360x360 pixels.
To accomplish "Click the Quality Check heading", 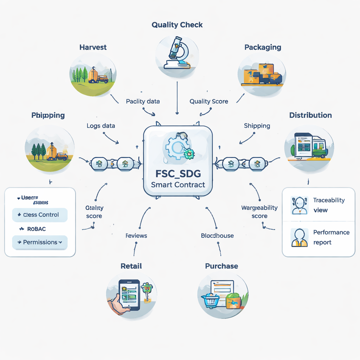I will click(x=177, y=25).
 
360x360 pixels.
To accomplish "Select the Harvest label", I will click(x=93, y=47).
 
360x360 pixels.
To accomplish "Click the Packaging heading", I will click(x=263, y=47).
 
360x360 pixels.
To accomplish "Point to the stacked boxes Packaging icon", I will click(x=262, y=74).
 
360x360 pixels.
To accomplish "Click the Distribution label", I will click(x=310, y=115).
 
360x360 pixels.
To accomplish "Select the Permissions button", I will click(x=40, y=242).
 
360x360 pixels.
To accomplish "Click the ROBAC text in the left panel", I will click(x=36, y=229).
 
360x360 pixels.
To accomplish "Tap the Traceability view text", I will click(x=329, y=205).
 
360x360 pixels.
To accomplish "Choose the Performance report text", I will click(x=331, y=237).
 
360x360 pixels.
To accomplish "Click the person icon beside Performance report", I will click(x=300, y=238).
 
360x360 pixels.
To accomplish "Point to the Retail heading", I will click(x=131, y=266).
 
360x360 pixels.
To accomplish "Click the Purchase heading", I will click(x=221, y=266).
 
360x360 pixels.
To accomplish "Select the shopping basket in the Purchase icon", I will click(x=210, y=301).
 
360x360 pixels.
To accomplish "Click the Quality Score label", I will click(x=209, y=101).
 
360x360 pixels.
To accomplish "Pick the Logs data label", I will click(x=101, y=126).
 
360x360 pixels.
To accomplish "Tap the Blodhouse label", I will click(x=217, y=236).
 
